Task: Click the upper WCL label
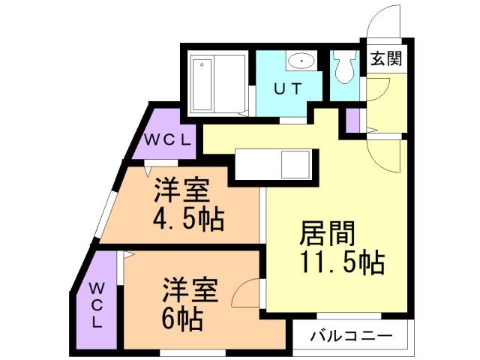click(169, 139)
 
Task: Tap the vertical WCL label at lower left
click(97, 304)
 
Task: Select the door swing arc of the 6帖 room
click(247, 294)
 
